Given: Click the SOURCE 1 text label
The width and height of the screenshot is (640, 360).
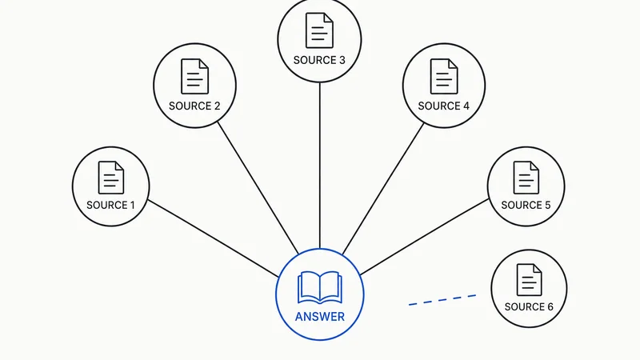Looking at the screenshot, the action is [110, 205].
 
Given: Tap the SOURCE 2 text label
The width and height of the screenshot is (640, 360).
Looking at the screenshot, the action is [194, 106].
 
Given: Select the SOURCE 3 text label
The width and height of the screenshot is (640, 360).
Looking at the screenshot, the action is [319, 61].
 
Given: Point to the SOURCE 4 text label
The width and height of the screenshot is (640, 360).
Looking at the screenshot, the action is [444, 106].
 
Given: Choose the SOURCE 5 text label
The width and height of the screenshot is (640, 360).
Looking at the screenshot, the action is [526, 205].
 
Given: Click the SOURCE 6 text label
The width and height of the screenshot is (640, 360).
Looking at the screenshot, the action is [529, 307].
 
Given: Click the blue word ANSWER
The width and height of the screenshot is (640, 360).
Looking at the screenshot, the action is [319, 317].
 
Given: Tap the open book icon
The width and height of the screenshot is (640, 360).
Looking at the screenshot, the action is [319, 288].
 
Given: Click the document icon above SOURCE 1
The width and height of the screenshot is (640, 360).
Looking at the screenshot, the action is [111, 178].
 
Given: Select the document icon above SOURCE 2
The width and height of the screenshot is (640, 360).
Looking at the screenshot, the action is [194, 76].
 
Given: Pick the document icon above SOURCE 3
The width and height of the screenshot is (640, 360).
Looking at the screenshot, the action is [319, 30].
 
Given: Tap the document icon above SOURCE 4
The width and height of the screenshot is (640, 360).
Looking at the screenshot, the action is [444, 76].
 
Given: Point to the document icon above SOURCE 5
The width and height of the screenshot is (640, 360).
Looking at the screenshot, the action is [526, 178].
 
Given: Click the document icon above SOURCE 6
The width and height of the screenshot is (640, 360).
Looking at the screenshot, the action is [530, 279].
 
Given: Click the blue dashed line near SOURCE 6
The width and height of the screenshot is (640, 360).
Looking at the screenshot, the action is [442, 300].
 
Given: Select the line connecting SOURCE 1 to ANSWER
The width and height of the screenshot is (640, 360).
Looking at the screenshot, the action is [213, 238].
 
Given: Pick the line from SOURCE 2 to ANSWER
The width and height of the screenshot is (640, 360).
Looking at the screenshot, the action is [258, 188].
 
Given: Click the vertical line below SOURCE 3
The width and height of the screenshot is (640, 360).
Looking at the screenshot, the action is [319, 166].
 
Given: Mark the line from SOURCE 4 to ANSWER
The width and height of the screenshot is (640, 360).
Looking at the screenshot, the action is [383, 189].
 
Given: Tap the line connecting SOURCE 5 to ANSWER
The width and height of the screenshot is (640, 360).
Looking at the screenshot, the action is [425, 237].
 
